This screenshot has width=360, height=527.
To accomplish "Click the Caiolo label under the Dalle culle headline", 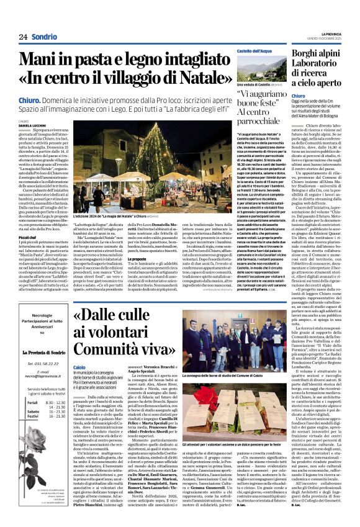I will [79, 367].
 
